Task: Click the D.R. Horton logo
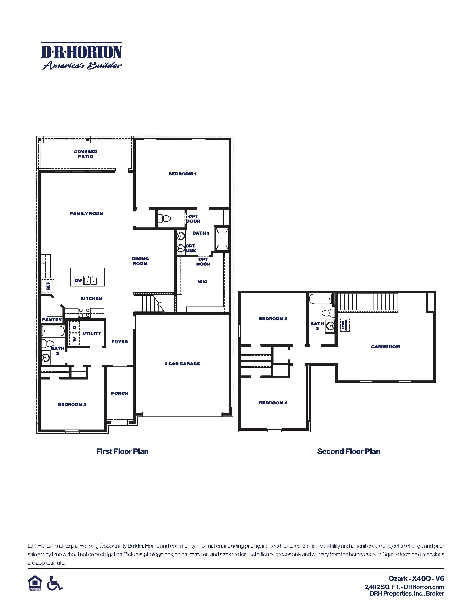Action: tap(82, 56)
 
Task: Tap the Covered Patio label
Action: tap(86, 154)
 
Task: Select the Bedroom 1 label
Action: tap(182, 174)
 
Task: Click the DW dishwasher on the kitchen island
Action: tap(78, 281)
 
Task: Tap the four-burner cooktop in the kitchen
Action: tap(84, 313)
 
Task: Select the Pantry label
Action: tap(52, 320)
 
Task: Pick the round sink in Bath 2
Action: tap(46, 358)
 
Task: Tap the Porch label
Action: tap(119, 393)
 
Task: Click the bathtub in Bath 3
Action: tap(320, 299)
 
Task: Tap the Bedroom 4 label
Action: tap(273, 403)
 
